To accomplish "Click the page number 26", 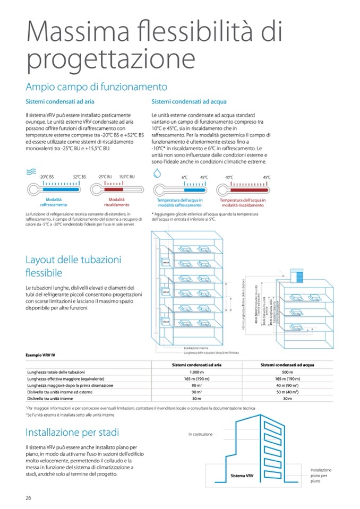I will pyautogui.click(x=29, y=497).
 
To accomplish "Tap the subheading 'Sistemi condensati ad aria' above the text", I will pyautogui.click(x=60, y=101).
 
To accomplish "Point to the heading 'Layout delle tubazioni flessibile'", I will pyautogui.click(x=73, y=266).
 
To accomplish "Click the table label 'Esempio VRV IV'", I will pyautogui.click(x=41, y=354).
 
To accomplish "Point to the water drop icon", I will pyautogui.click(x=157, y=172).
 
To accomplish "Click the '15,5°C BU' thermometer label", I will pyautogui.click(x=127, y=177).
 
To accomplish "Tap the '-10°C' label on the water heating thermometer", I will pyautogui.click(x=229, y=177).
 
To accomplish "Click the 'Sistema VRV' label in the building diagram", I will pyautogui.click(x=242, y=476).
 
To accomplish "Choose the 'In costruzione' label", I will pyautogui.click(x=200, y=434).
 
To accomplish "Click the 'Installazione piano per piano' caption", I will pyautogui.click(x=321, y=476).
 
